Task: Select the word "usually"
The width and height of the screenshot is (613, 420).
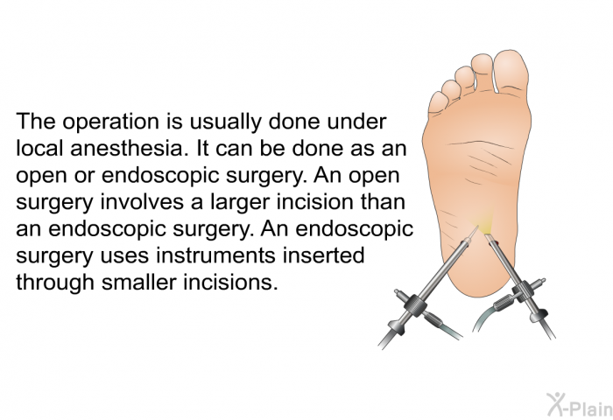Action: (225, 122)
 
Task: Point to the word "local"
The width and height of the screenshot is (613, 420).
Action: (40, 149)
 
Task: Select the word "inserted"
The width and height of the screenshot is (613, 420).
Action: (328, 255)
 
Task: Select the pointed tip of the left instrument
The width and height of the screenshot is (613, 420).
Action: (477, 226)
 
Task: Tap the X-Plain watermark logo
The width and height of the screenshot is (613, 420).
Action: (580, 404)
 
